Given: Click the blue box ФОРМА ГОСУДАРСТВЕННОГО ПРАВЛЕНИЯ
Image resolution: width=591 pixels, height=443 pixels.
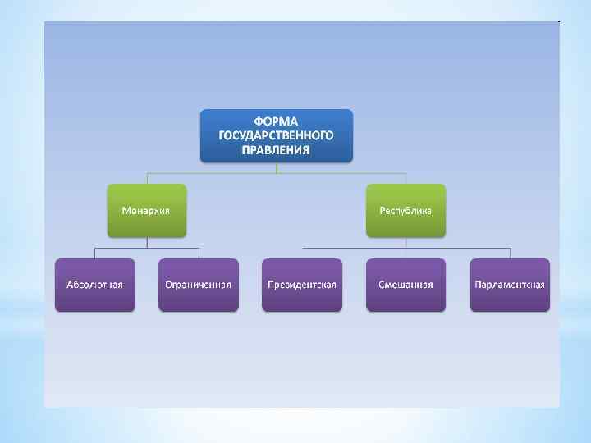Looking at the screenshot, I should tap(277, 135).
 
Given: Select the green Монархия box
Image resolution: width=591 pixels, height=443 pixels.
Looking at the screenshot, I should tap(147, 210).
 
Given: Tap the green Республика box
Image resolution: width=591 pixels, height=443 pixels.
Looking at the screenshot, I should tap(405, 210).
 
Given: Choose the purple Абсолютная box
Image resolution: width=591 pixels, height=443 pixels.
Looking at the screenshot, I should tap(95, 285).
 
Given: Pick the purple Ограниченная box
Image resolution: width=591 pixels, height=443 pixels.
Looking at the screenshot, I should tap(199, 285).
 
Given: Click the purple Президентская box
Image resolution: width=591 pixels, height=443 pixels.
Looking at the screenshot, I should tap(302, 285).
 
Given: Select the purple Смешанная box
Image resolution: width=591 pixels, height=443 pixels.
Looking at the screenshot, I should tap(405, 285).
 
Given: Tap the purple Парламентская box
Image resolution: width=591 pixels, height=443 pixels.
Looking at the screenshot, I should tap(510, 285).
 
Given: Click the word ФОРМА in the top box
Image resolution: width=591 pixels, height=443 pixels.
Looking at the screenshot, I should tap(277, 121).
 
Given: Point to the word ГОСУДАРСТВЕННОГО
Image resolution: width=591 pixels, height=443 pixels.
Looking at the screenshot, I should tap(277, 135).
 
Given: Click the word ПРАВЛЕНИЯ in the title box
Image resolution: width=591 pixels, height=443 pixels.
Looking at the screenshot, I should tap(277, 150).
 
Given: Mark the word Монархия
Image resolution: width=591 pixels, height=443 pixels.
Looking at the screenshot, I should tap(146, 211).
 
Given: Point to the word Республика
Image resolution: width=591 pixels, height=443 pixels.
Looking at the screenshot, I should tap(405, 211).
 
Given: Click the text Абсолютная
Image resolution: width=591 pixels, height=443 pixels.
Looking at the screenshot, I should tap(95, 285).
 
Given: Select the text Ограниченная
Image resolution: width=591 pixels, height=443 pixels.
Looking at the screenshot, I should tap(199, 285).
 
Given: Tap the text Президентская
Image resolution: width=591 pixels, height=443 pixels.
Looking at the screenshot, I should tap(302, 285).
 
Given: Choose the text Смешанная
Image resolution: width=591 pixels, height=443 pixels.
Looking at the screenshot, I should tap(405, 285).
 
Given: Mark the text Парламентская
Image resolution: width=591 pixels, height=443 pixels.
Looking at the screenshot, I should tap(510, 285).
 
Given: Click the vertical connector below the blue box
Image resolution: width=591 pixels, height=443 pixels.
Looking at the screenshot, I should tap(277, 167).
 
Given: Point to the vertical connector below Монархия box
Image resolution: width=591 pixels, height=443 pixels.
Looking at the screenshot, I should tap(147, 242).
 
